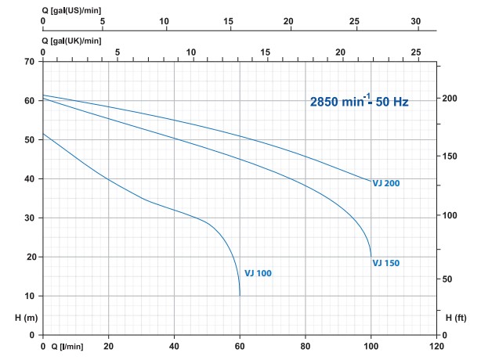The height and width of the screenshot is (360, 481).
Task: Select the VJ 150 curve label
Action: (386, 263)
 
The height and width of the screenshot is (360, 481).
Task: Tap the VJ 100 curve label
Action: (259, 273)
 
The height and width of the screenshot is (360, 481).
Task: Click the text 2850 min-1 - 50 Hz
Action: (359, 101)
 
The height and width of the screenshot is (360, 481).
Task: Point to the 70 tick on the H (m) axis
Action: (30, 61)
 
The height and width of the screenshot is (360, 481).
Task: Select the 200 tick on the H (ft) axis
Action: (448, 98)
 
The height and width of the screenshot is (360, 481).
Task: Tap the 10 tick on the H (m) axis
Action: (30, 296)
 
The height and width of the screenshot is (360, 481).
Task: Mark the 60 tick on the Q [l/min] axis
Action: (240, 346)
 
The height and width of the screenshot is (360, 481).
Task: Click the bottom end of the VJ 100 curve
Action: (240, 295)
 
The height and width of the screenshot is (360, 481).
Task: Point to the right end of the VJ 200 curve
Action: (371, 182)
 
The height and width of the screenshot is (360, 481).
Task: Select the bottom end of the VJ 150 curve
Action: (371, 257)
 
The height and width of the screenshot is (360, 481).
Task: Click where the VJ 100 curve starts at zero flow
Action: (43, 134)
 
